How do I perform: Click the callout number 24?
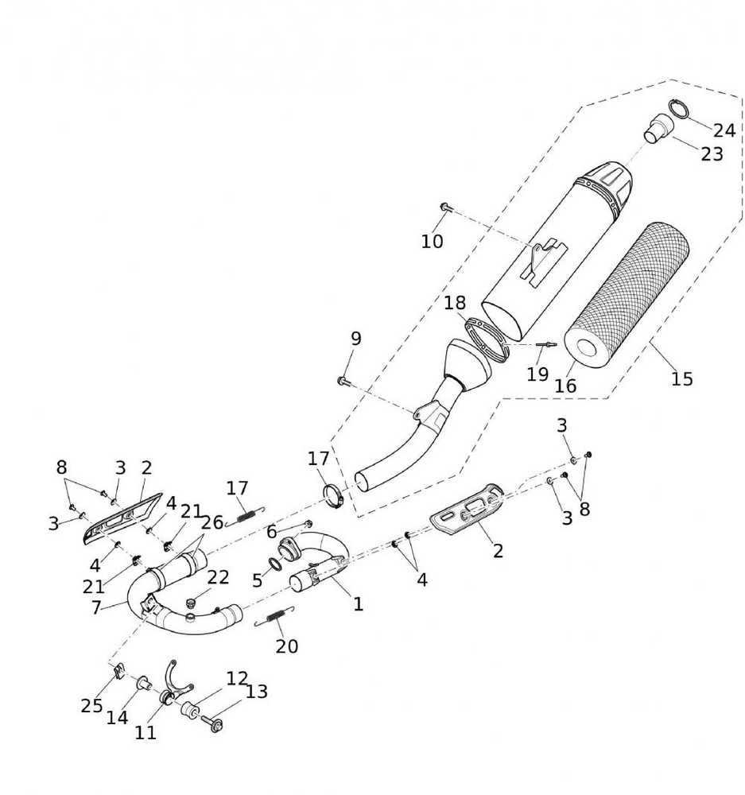click(724, 130)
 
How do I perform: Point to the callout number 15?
click(681, 378)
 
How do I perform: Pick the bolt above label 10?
click(444, 208)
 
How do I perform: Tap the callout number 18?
click(455, 303)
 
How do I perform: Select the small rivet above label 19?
click(545, 344)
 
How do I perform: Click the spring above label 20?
click(275, 615)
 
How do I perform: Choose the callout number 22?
click(218, 578)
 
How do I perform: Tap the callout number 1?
click(358, 604)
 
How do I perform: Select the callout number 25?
click(92, 705)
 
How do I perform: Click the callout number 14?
click(117, 717)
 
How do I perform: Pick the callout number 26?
click(211, 523)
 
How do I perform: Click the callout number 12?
click(236, 678)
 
